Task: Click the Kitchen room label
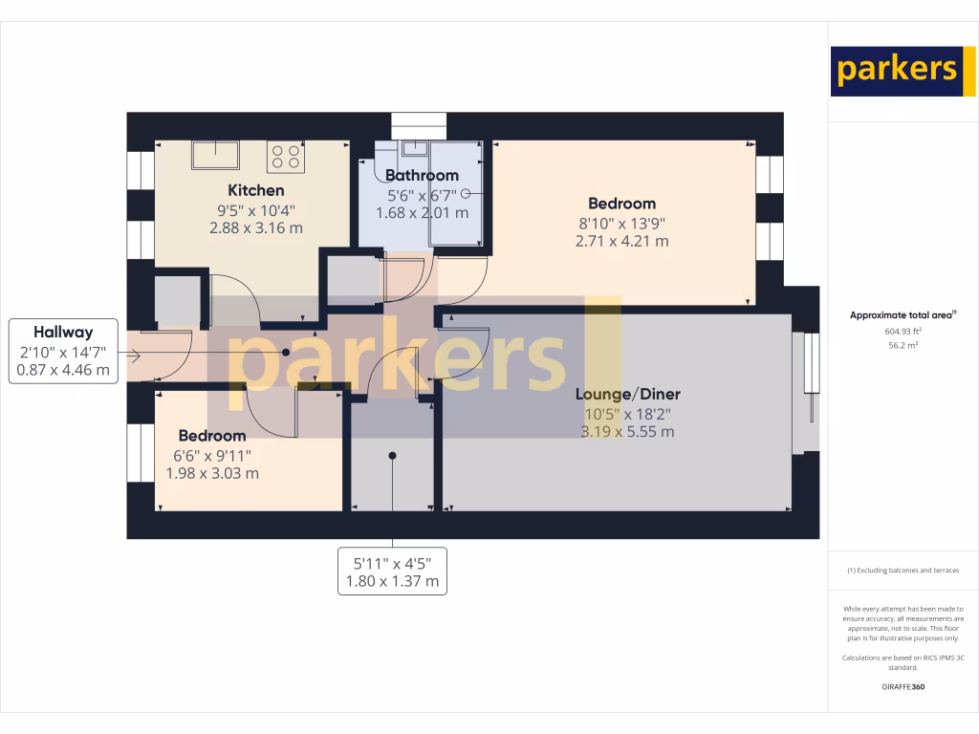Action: [255, 190]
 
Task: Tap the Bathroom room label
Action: [422, 175]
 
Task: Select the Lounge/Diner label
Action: [627, 394]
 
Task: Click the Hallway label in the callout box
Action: [63, 333]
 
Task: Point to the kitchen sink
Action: [215, 154]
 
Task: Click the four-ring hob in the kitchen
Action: [285, 157]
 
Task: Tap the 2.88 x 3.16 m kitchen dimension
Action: [255, 228]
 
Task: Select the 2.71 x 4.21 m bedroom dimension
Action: [621, 241]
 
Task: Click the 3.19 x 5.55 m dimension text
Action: [627, 431]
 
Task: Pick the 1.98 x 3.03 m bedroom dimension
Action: [212, 473]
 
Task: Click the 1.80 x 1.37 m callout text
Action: [392, 581]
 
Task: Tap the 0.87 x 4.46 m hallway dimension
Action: [63, 370]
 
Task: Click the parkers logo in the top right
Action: [896, 71]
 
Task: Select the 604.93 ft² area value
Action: [903, 332]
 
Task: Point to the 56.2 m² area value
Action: [903, 345]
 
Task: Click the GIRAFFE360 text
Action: [903, 686]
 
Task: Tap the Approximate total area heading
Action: [903, 314]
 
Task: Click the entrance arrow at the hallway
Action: [133, 356]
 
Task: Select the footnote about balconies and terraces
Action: [903, 571]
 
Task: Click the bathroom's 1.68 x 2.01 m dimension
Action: [422, 212]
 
